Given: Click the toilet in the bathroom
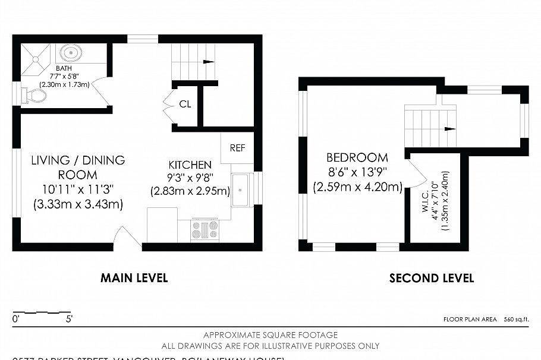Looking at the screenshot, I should click(x=32, y=96).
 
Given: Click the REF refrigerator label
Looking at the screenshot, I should click(x=237, y=148).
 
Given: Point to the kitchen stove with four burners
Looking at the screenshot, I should click(x=205, y=230).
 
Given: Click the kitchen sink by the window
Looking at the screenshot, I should click(x=241, y=190).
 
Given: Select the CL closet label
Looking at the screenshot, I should click(x=185, y=104).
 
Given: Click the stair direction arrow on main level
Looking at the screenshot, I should click(x=208, y=61).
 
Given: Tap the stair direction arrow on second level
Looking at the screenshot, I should click(x=449, y=128).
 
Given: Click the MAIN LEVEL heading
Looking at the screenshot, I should click(x=134, y=278).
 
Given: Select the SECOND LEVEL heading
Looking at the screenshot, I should click(x=432, y=278).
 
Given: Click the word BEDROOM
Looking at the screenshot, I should click(x=357, y=158).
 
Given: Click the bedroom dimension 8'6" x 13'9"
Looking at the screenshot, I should click(x=357, y=173).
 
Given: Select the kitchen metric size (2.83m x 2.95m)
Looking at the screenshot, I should click(x=190, y=191).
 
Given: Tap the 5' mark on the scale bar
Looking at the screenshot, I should click(x=70, y=320).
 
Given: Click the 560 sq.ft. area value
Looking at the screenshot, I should click(x=516, y=320).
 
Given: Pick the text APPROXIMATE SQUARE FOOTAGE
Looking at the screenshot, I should click(x=270, y=335).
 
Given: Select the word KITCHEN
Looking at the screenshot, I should click(x=190, y=165).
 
